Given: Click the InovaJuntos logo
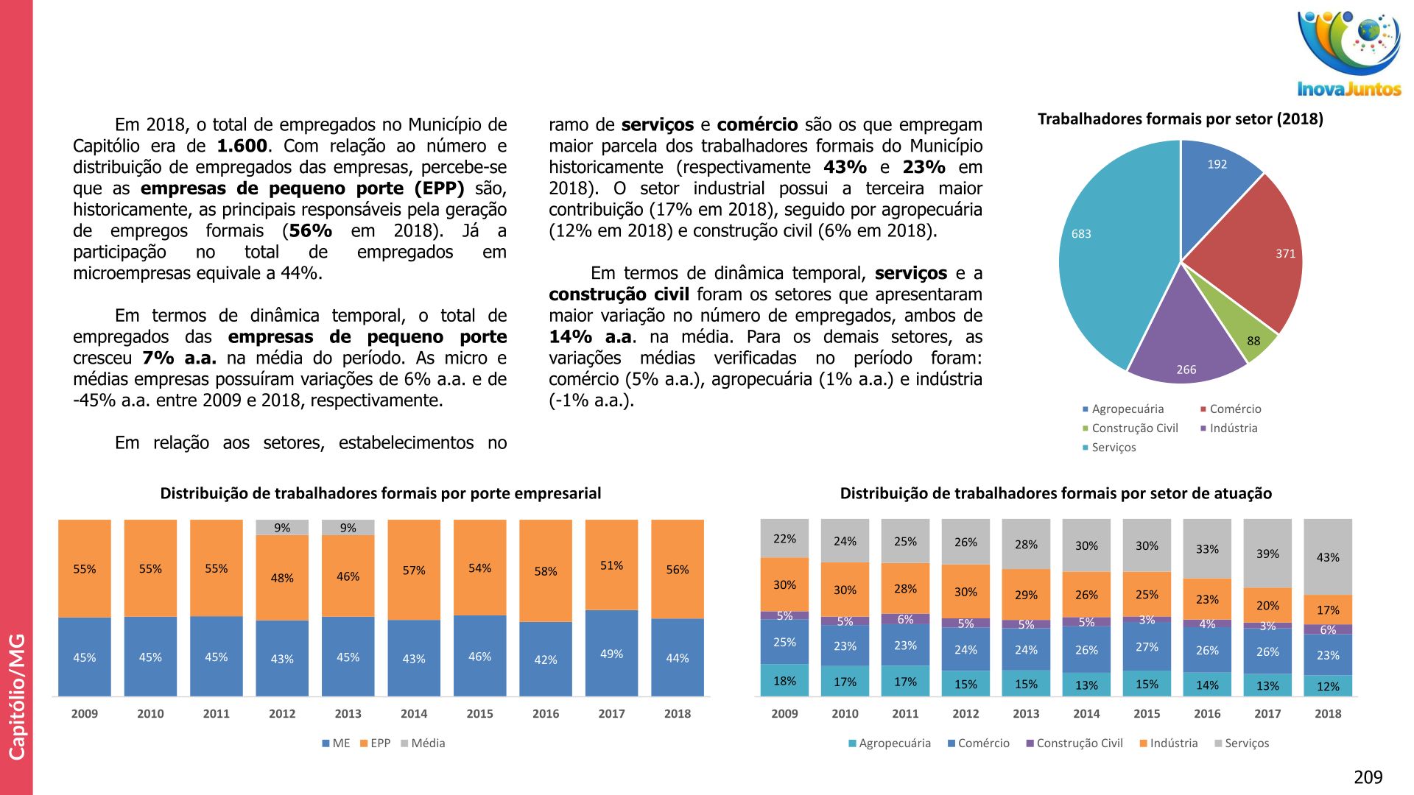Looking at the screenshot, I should coord(1348,53).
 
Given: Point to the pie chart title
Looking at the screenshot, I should coord(1180,119).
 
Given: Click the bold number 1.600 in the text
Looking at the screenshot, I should coord(242,146).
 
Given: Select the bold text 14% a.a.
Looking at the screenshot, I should coord(590,337).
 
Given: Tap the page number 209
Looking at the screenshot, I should coord(1368,777).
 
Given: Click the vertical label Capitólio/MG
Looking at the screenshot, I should coord(16,696).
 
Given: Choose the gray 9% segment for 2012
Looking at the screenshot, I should coord(282,528).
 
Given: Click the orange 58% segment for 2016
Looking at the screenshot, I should coord(546,571).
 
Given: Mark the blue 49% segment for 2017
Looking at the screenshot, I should coord(611,654).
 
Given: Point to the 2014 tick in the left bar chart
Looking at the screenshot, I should coord(414,714).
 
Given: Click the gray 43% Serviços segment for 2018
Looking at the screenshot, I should coord(1328,557).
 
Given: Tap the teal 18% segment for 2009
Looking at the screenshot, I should coord(784,681).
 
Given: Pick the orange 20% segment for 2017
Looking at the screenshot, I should coord(1267,605).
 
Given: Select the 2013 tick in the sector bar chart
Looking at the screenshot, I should coord(1026,714).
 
